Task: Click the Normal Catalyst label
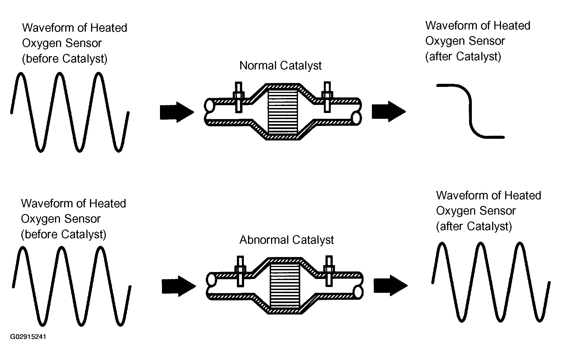coord(280,66)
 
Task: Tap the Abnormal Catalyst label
coord(286,240)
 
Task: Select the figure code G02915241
coord(28,337)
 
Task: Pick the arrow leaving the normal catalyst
coord(388,111)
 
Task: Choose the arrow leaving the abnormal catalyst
coord(390,285)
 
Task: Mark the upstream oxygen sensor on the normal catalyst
coord(239,97)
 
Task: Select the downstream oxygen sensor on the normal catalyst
coord(327,97)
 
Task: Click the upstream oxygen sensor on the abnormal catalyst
coord(240,271)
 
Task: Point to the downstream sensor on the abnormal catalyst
coord(329,271)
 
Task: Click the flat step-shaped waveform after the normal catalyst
coord(470,111)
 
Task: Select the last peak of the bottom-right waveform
coord(519,244)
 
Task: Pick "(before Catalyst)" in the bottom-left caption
coord(64,234)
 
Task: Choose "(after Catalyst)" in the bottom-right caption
coord(474,226)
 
